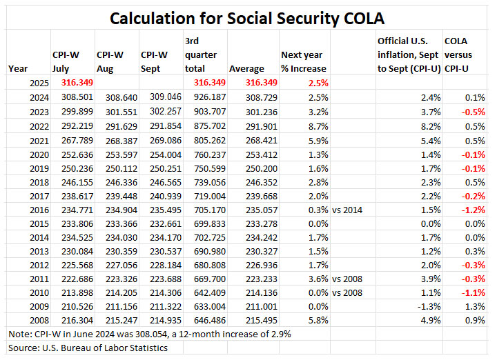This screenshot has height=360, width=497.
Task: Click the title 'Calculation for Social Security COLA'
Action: tap(248, 17)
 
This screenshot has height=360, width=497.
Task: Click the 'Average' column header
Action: tap(246, 68)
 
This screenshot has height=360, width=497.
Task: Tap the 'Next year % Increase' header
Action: tap(303, 61)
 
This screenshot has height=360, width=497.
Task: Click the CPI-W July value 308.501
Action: tap(72, 97)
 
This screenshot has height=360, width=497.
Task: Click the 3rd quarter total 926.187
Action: tap(204, 97)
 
